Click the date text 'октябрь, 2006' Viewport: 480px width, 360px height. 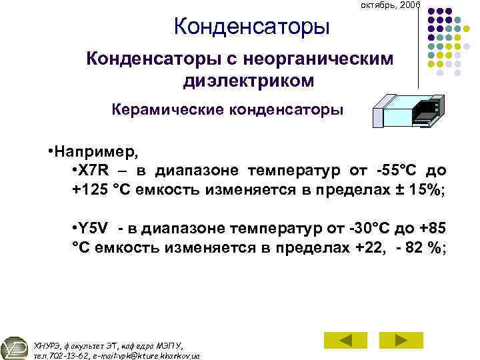pyautogui.click(x=390, y=5)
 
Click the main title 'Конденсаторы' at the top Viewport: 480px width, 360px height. pyautogui.click(x=252, y=27)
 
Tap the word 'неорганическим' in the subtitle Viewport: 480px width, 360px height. pyautogui.click(x=322, y=59)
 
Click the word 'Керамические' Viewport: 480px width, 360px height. pyautogui.click(x=167, y=109)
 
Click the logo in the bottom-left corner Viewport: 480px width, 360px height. pyautogui.click(x=15, y=347)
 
